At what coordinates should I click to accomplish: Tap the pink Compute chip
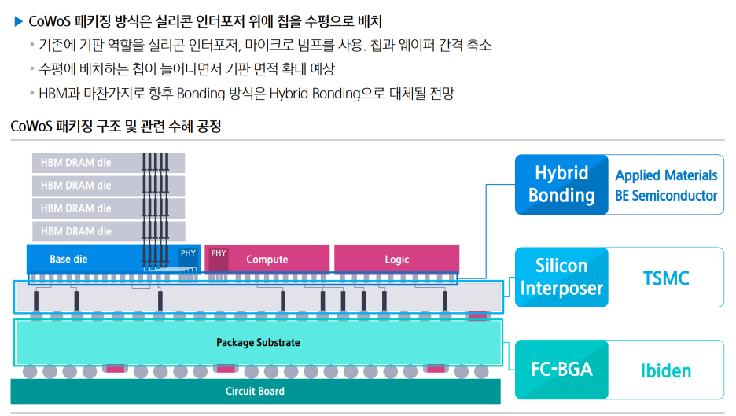(267, 259)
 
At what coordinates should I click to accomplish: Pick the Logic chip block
(396, 259)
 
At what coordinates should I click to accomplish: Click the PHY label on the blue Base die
(188, 253)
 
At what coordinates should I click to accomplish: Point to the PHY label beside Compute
(218, 253)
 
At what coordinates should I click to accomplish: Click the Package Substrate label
(258, 343)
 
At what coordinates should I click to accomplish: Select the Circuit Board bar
(255, 391)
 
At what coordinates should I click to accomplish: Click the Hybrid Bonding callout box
(561, 184)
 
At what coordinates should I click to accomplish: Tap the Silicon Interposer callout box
(561, 277)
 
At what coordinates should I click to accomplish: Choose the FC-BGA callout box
(561, 369)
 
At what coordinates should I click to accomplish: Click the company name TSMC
(665, 278)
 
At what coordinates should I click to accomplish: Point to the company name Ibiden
(665, 370)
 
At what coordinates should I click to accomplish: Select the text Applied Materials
(666, 175)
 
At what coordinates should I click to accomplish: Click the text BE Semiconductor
(666, 195)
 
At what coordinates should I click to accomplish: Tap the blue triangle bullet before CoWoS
(19, 20)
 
